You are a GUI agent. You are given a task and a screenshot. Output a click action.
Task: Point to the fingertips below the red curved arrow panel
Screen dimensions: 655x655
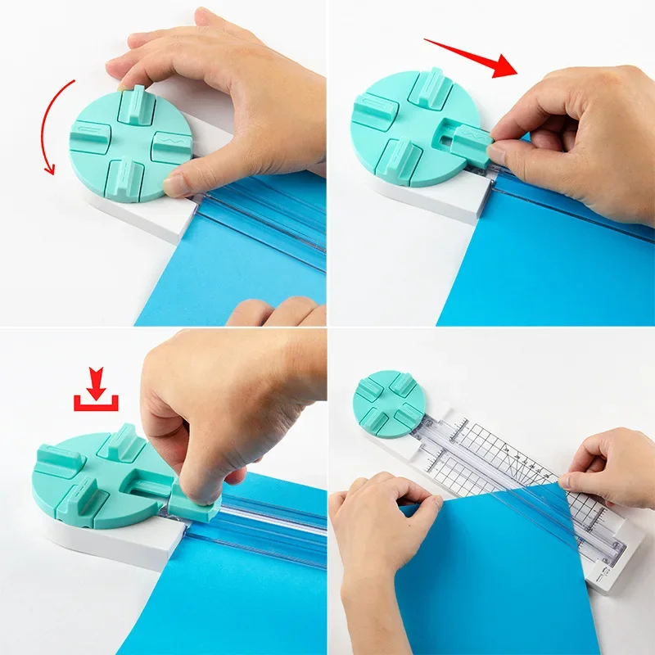point(274,312)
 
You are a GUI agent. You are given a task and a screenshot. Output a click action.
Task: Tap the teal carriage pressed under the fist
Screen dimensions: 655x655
point(192,504)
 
